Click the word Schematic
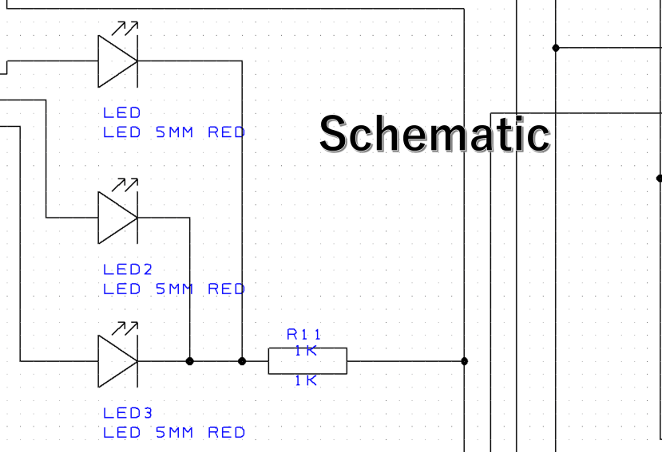435,134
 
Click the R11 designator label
303,334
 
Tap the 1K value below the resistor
306,381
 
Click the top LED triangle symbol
118,61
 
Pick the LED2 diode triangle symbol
118,218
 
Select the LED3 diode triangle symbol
118,361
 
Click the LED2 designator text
128,269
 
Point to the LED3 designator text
128,413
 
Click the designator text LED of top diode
121,112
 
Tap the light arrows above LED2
125,185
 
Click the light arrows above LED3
125,328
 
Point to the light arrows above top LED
125,28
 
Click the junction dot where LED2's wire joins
189,361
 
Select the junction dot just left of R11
242,361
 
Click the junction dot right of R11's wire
465,361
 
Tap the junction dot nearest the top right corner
556,48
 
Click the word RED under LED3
226,433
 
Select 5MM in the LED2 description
175,289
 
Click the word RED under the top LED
226,132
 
